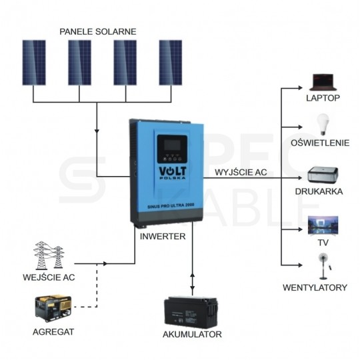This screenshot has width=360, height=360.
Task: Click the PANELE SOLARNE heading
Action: [x=98, y=32]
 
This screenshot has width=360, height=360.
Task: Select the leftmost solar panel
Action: [x=34, y=63]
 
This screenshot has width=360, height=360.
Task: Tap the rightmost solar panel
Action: [x=171, y=63]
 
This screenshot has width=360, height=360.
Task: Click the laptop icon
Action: [x=323, y=82]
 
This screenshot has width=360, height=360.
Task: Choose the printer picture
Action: [x=323, y=175]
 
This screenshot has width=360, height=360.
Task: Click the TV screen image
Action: [x=323, y=226]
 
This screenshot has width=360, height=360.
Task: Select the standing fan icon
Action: [x=324, y=266]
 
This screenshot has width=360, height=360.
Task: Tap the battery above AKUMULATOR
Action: [x=191, y=313]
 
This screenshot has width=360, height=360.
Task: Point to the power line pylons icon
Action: [x=49, y=255]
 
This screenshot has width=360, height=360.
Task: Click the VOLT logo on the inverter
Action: [x=173, y=173]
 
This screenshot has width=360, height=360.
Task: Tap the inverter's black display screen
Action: [x=172, y=145]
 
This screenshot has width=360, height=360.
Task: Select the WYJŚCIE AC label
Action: [x=241, y=172]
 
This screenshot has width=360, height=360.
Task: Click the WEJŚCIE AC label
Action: [x=49, y=277]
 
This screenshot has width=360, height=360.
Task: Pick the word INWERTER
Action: [x=163, y=236]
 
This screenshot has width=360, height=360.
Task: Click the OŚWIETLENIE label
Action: [x=320, y=143]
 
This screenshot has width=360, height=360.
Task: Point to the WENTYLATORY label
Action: [x=315, y=287]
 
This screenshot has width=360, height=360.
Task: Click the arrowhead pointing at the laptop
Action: [x=300, y=88]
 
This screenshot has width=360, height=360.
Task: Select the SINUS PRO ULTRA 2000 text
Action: [x=171, y=205]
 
